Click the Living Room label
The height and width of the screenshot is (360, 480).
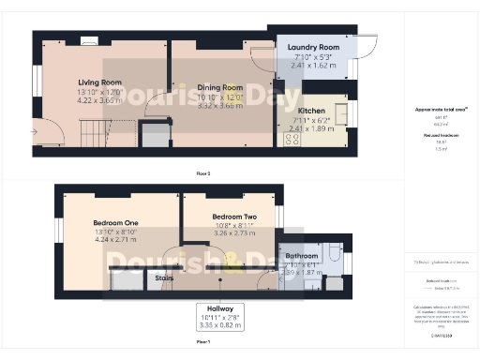coord(99,82)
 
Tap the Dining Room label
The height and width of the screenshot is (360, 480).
coord(219,87)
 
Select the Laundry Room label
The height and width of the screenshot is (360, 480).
coord(313,47)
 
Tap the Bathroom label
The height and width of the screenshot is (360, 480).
coord(302,255)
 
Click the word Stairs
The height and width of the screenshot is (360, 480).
coord(165,277)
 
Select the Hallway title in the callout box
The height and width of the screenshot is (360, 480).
coord(220,308)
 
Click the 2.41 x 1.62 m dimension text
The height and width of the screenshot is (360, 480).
coord(313,67)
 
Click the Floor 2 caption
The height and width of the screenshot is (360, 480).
coord(202,174)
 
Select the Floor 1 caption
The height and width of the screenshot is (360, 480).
coord(202,343)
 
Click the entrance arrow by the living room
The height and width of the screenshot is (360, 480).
coord(35,132)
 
